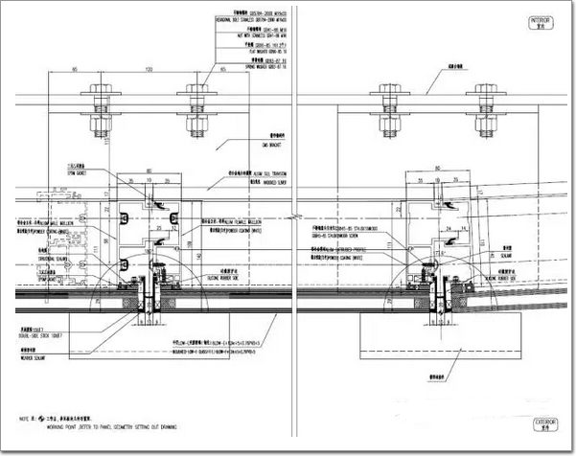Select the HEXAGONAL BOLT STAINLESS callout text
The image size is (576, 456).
[x=252, y=22]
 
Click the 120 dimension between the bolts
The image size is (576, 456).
[x=150, y=71]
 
